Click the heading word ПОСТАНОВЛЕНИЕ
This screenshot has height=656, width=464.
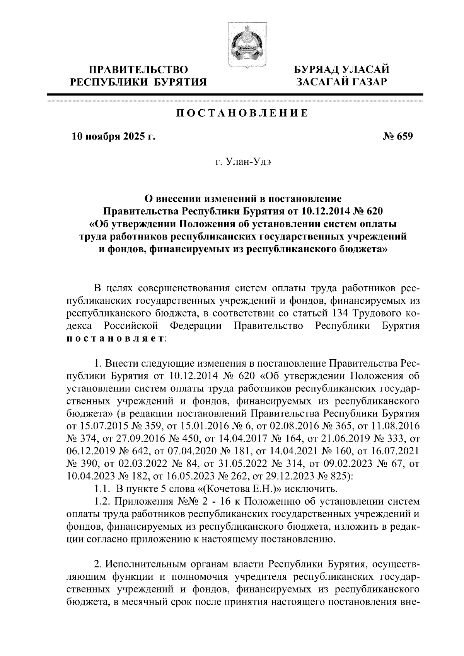(242, 113)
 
